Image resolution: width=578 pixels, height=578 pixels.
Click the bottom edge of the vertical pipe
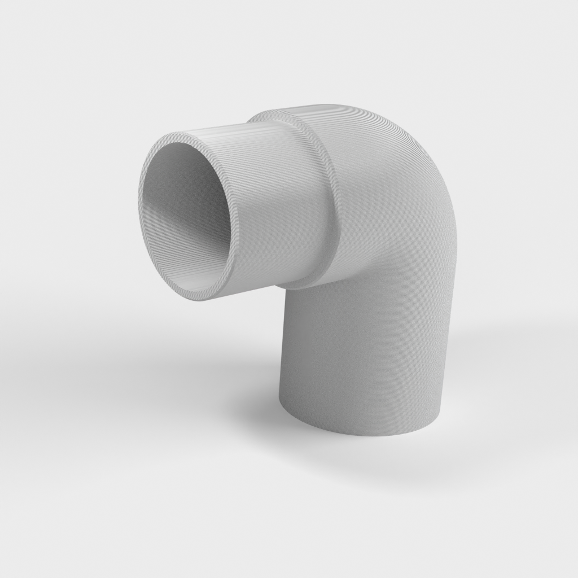coord(361,433)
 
